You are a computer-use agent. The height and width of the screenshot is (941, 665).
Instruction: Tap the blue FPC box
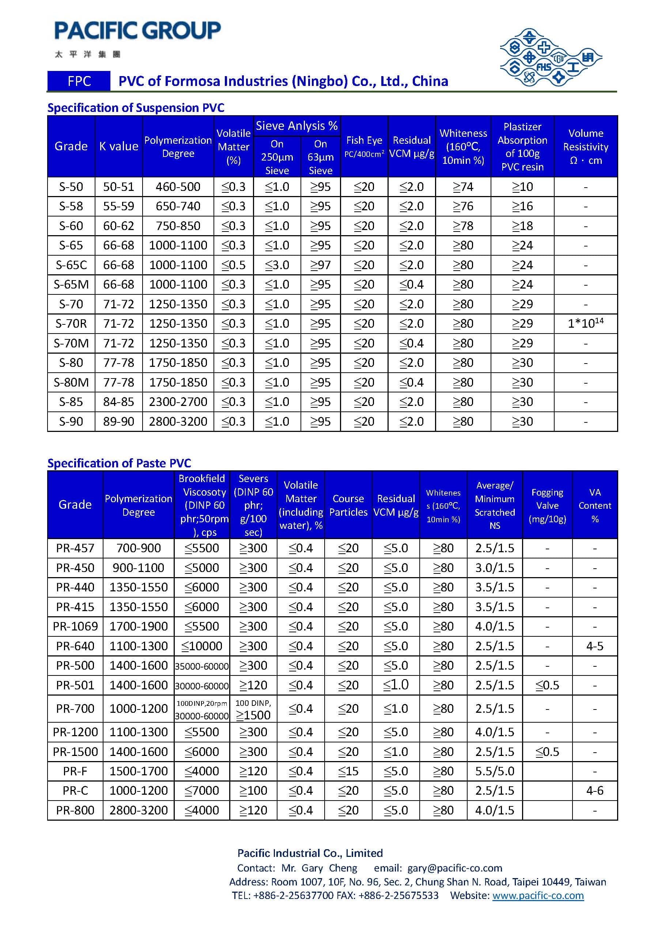[79, 81]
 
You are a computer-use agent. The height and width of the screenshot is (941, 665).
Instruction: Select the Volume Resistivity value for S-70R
[586, 323]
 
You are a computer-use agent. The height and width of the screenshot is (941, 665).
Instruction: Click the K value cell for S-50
[118, 187]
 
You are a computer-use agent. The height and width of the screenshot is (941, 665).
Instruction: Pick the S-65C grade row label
[71, 265]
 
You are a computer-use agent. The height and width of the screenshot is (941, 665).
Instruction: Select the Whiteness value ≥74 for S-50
[463, 187]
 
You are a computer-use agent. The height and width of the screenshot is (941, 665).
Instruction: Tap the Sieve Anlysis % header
[296, 126]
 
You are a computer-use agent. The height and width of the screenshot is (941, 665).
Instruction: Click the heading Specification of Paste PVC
[119, 463]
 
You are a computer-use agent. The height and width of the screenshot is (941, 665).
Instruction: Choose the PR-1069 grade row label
[75, 626]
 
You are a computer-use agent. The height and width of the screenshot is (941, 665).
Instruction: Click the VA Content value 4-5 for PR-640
[594, 646]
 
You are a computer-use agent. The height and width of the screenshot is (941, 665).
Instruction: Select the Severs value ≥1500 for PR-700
[253, 715]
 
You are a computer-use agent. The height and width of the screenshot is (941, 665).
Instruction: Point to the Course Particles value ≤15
[348, 771]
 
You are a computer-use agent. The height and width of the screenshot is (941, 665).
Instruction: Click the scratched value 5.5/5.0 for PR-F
[495, 771]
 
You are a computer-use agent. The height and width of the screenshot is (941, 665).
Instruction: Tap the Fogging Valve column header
[547, 505]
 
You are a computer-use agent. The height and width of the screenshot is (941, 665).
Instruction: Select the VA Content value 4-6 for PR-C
[594, 790]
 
